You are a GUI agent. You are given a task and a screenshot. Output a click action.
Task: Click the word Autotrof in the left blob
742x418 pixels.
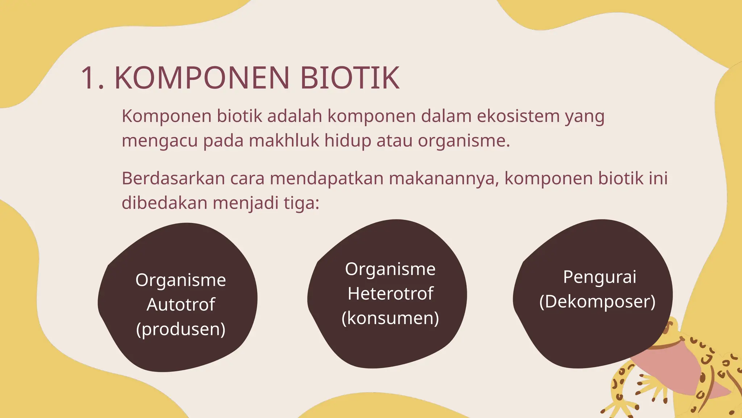[x=181, y=304]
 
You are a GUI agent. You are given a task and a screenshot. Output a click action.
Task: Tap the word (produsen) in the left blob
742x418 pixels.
[x=181, y=329]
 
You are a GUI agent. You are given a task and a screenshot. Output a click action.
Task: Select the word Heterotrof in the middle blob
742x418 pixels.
[x=390, y=294]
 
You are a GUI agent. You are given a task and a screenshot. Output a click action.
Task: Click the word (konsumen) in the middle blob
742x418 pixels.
[x=390, y=318]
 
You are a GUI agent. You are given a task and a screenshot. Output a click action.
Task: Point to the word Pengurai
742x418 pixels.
[x=600, y=277]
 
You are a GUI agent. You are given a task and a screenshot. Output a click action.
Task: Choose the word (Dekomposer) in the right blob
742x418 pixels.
[x=597, y=302]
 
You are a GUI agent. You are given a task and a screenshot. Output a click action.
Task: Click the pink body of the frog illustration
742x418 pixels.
[x=670, y=374]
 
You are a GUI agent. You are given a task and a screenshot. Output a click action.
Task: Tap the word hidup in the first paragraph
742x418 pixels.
[x=347, y=141]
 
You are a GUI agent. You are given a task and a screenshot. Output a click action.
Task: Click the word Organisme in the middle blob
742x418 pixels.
[x=390, y=269]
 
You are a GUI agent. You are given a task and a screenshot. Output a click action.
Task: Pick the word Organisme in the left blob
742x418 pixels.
[x=181, y=280]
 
